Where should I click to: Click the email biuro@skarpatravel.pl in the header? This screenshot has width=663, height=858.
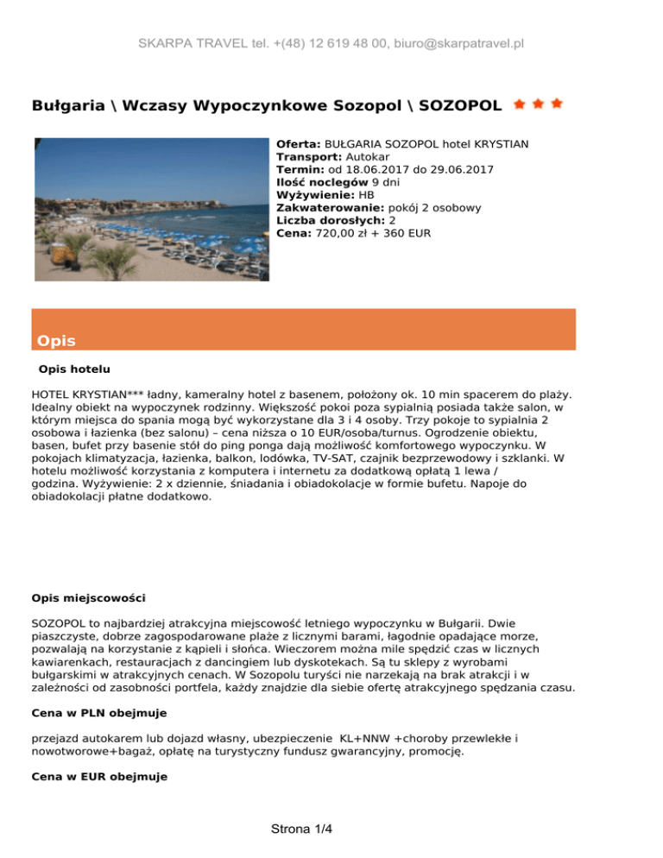pyautogui.click(x=455, y=43)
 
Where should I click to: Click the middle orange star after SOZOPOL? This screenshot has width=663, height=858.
pyautogui.click(x=538, y=104)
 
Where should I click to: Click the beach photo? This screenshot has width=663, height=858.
pyautogui.click(x=151, y=209)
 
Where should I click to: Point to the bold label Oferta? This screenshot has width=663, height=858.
pyautogui.click(x=299, y=144)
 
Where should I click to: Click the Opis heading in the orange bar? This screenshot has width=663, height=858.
pyautogui.click(x=56, y=341)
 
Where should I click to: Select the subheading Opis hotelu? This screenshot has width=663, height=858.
pyautogui.click(x=74, y=369)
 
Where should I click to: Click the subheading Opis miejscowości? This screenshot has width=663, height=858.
pyautogui.click(x=87, y=596)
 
